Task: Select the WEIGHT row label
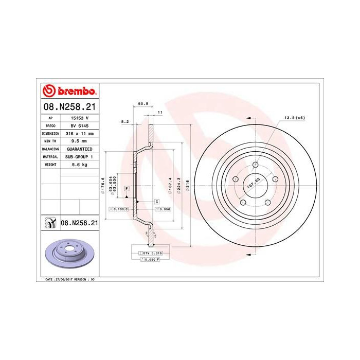(x=50, y=164)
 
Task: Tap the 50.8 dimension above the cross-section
(x=143, y=104)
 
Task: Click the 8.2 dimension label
(x=124, y=121)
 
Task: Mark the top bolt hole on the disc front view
(x=255, y=165)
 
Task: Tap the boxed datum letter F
(x=125, y=190)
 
